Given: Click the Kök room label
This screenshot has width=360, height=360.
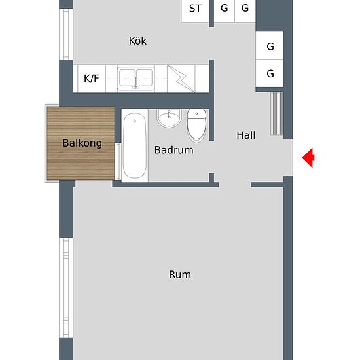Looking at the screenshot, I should (137, 41).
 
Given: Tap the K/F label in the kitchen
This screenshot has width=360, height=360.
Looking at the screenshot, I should (91, 79).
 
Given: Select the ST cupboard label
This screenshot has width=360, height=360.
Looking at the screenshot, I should (195, 9).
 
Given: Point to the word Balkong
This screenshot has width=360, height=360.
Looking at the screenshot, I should (82, 143).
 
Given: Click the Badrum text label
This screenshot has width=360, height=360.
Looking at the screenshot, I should (173, 150).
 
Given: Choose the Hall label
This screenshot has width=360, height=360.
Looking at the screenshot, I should (246, 135).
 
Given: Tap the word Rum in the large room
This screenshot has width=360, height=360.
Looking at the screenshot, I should (180, 274).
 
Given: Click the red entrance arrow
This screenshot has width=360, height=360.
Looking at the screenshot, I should (308, 158).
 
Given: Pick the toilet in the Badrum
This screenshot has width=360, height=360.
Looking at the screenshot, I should (196, 124).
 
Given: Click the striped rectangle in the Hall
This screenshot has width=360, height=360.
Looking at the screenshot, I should (277, 114).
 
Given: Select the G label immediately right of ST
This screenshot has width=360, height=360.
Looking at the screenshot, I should (225, 9).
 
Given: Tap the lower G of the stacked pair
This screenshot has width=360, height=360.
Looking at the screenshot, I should (270, 74).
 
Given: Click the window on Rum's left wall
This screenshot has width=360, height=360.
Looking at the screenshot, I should (65, 288).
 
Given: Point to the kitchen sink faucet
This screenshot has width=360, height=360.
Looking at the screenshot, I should (135, 84).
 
